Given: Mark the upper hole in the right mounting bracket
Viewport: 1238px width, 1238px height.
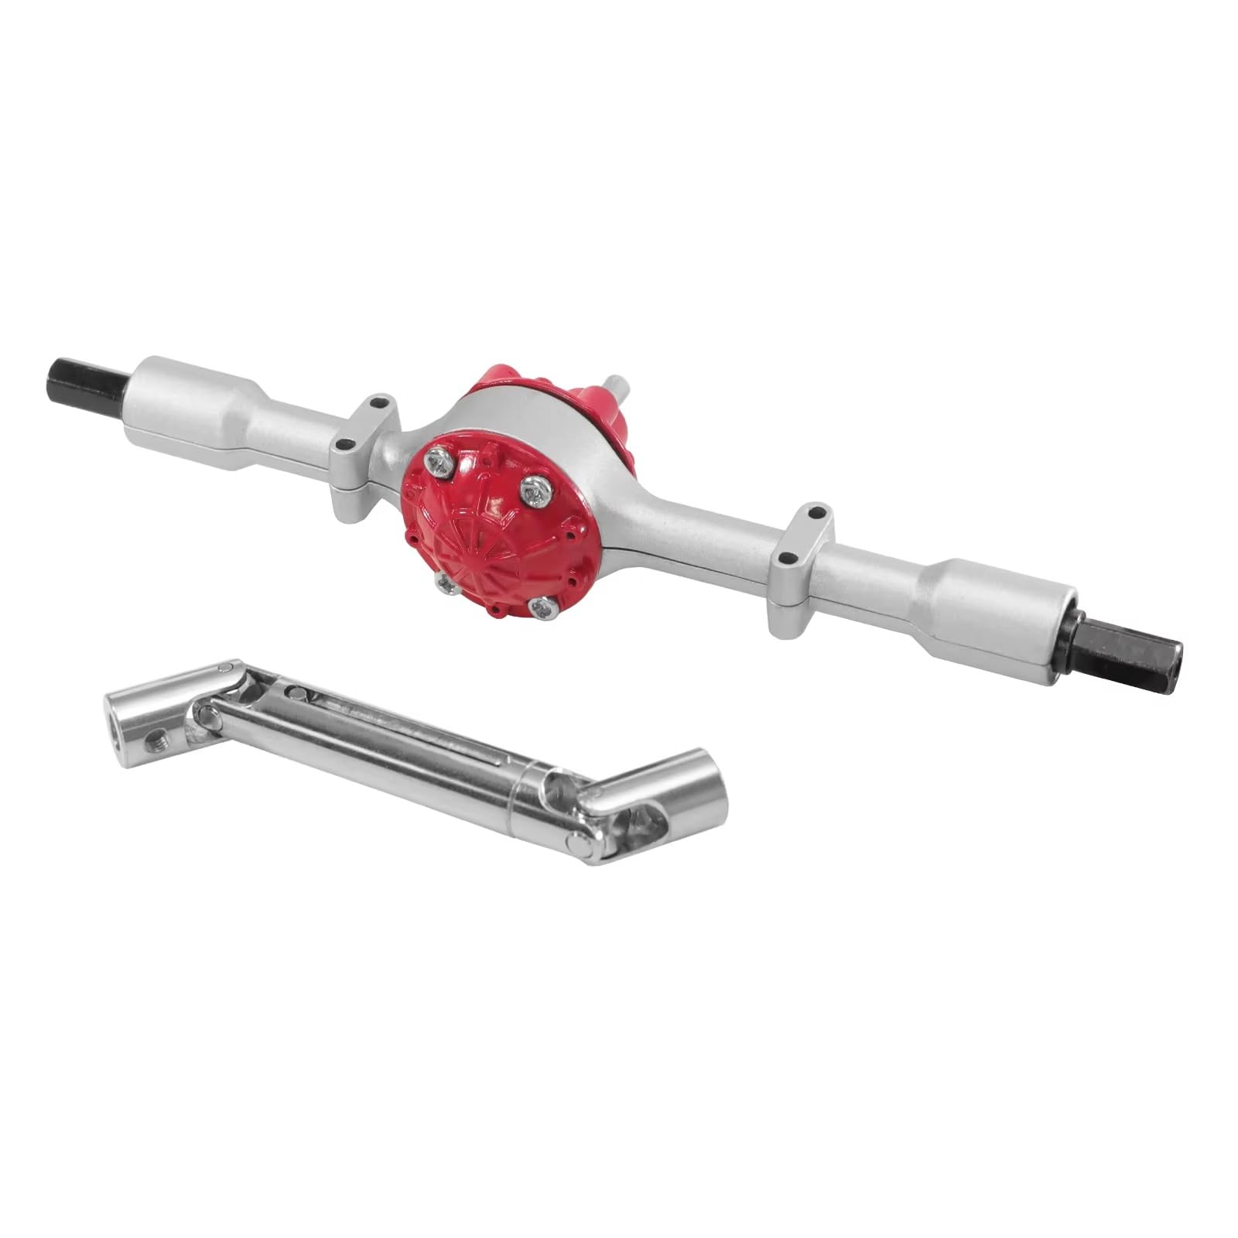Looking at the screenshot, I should pos(814,511).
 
